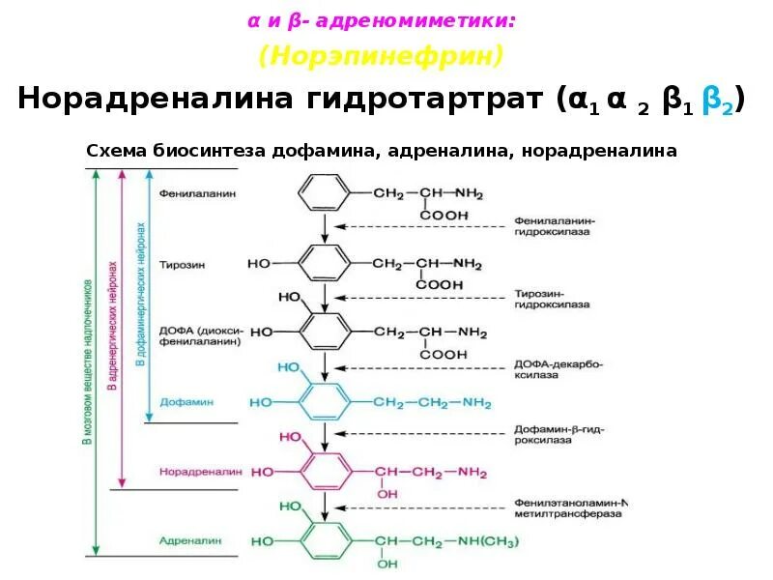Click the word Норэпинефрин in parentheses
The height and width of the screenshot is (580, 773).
pos(380,56)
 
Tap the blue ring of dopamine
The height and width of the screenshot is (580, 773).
pos(327,401)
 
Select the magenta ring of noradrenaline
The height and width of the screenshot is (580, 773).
pos(327,472)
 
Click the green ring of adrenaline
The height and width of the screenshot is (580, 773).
pos(327,540)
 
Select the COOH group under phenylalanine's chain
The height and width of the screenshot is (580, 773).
pos(443,215)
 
